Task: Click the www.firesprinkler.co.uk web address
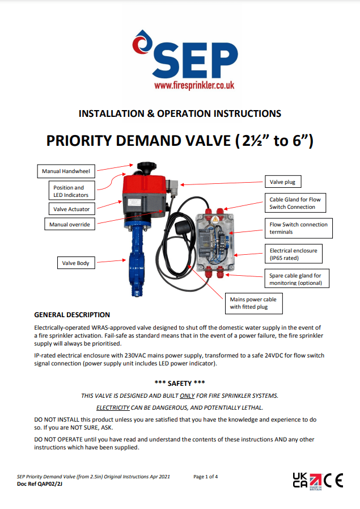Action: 194,85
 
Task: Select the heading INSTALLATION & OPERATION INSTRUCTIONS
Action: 180,113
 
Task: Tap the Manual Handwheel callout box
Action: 66,171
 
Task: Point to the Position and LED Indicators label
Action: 70,191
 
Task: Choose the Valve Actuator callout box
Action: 71,209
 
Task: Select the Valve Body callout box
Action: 75,263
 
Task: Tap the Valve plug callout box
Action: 282,182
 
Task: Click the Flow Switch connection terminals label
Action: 298,228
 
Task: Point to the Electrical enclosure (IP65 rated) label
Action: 293,254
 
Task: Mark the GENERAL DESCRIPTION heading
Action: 72,314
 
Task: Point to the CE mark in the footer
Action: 333,480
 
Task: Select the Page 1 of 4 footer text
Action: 209,477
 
